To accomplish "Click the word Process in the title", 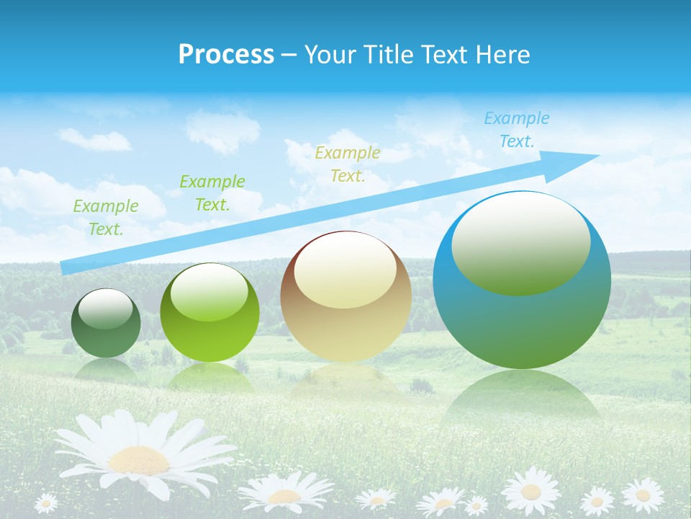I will (x=226, y=55).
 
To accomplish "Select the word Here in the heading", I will (x=504, y=55).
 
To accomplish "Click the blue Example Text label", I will (x=516, y=130).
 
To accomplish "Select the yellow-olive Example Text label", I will (x=348, y=164).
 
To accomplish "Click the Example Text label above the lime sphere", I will (x=212, y=192).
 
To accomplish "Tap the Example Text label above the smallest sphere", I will (x=106, y=217).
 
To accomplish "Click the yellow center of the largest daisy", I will (x=138, y=459).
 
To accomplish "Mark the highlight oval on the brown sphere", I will (x=345, y=270).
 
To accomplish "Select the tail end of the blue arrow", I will (x=66, y=267).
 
